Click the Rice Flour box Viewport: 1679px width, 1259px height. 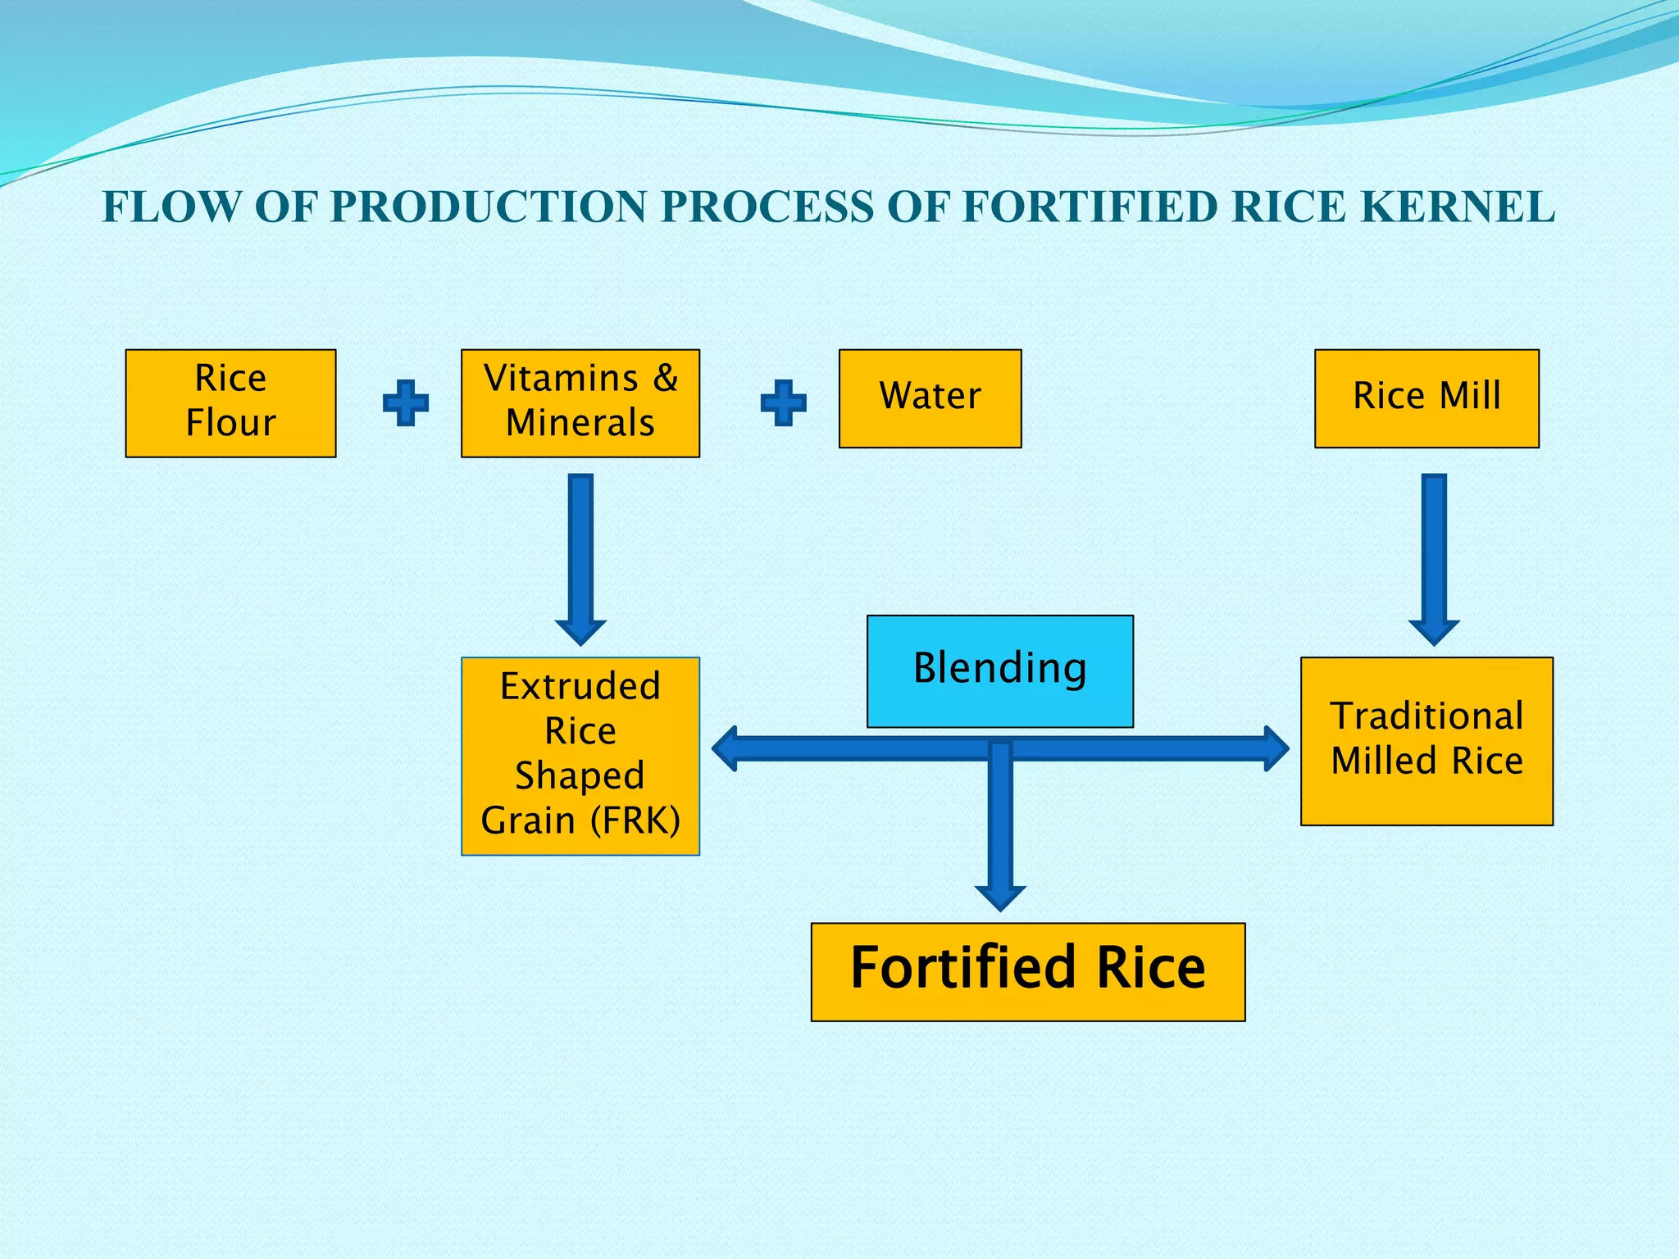point(230,402)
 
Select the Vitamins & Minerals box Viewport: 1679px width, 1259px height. point(580,402)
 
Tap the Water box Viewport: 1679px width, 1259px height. point(930,398)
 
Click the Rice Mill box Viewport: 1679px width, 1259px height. point(1426,398)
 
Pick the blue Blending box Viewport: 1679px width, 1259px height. point(999,670)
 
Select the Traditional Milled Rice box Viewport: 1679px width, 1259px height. point(1426,740)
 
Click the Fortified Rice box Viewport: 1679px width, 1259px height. point(1027,971)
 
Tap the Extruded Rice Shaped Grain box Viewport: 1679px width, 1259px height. point(580,756)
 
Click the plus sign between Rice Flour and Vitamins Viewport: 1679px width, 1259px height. point(406,402)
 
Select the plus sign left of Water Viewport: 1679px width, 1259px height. point(783,402)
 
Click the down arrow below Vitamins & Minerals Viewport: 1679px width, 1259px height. point(580,557)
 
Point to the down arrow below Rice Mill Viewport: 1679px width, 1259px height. point(1434,557)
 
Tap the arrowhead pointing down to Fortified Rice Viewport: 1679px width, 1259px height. point(1000,895)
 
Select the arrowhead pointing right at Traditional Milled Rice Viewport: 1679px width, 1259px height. point(1276,748)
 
